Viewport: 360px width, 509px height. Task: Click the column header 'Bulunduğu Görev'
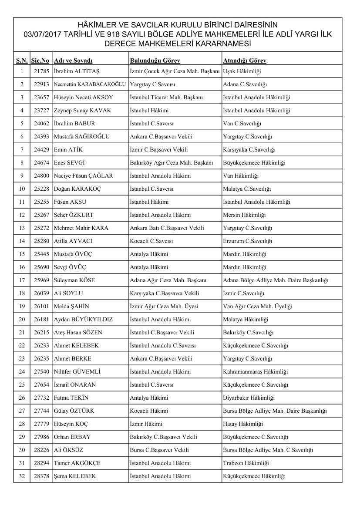pos(155,61)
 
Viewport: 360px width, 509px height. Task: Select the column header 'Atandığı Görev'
pos(244,61)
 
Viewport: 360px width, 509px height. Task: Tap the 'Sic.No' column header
pos(40,61)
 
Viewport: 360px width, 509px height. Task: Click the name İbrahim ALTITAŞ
pos(74,71)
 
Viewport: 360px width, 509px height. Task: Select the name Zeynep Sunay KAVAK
pos(82,110)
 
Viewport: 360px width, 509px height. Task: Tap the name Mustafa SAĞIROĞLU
pos(81,136)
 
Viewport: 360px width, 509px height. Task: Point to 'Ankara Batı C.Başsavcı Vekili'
pos(167,228)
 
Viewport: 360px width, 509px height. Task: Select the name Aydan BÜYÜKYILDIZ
pos(83,319)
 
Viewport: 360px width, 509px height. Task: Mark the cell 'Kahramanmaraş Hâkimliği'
pos(255,371)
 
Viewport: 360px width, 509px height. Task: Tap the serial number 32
pos(22,476)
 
